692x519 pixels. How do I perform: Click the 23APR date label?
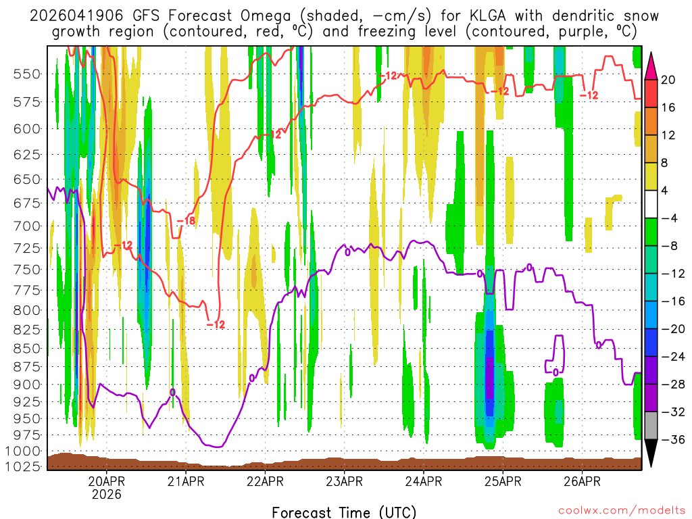(x=344, y=482)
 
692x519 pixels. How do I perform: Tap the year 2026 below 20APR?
(x=107, y=495)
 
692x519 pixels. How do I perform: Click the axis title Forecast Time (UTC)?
(x=344, y=512)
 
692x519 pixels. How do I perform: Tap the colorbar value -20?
(x=669, y=329)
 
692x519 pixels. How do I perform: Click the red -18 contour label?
(x=186, y=220)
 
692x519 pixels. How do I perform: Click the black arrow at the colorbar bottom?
(x=651, y=453)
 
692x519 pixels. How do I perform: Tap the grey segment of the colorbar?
(x=651, y=425)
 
